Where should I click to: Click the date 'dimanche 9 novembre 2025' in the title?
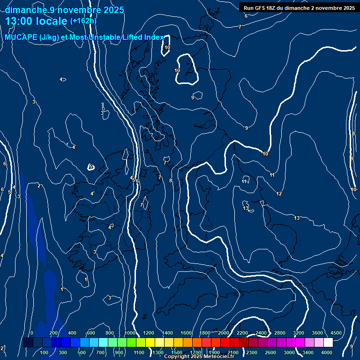64,9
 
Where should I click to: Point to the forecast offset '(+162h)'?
83,21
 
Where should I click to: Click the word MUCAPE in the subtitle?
22,37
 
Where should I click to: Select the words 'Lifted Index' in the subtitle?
142,37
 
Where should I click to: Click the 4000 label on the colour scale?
327,352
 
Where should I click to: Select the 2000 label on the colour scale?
223,333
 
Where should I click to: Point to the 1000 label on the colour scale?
130,333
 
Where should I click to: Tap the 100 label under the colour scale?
45,352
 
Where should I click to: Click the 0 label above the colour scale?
31,333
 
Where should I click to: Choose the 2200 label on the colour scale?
242,333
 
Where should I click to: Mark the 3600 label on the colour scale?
317,333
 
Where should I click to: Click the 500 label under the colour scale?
82,352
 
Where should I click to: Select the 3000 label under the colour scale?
289,352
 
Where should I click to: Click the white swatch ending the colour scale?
328,343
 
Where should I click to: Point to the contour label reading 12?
279,194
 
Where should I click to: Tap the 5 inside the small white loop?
91,166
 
